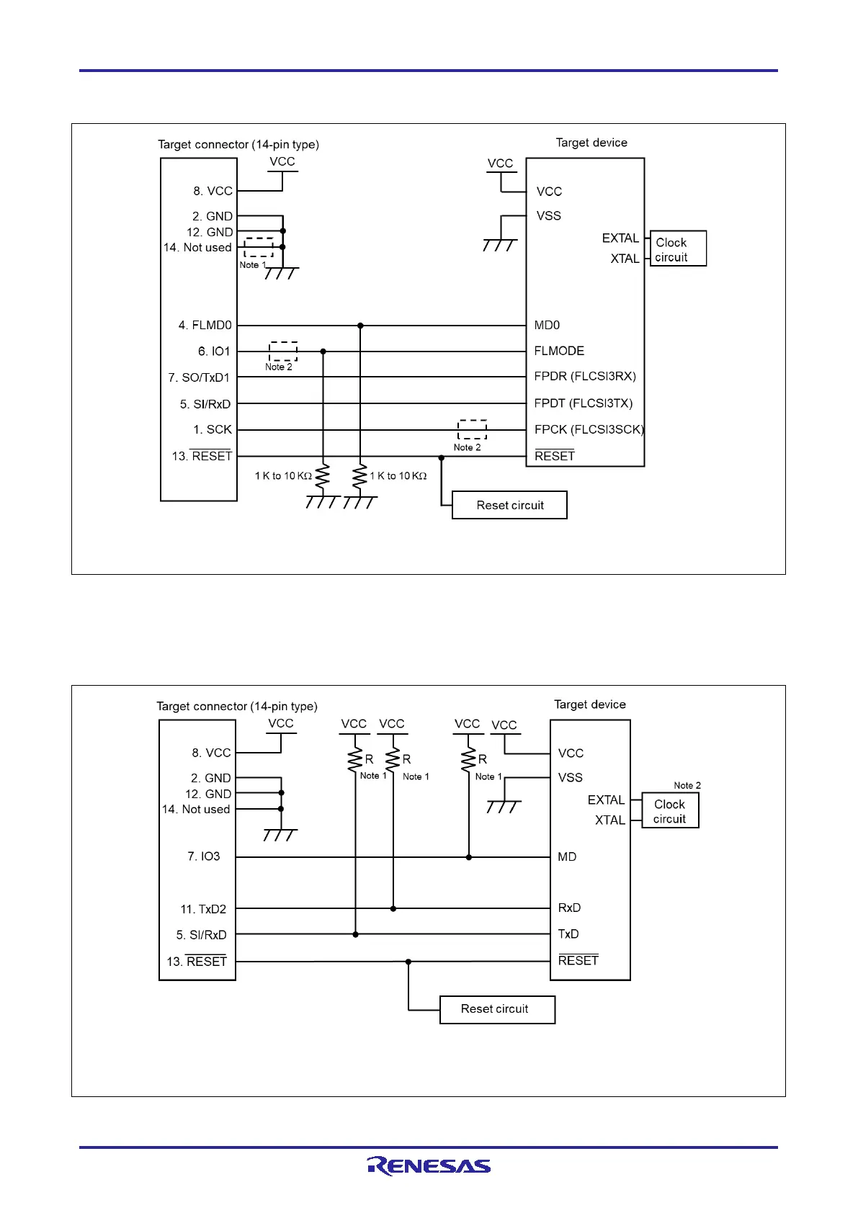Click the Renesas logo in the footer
click(x=429, y=1165)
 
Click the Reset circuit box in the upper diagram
click(x=509, y=505)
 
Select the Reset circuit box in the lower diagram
click(x=497, y=1009)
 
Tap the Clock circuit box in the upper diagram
click(x=677, y=249)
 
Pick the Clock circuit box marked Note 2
click(x=670, y=811)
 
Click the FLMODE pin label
click(x=559, y=351)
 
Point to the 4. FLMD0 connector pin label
click(x=205, y=326)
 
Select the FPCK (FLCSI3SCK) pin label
click(x=589, y=429)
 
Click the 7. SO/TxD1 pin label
click(x=199, y=377)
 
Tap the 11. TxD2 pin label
click(x=203, y=909)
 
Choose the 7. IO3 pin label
click(x=204, y=856)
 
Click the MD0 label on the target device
click(x=547, y=326)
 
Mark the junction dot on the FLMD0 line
click(x=360, y=326)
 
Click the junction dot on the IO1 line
click(x=323, y=352)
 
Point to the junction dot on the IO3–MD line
click(x=469, y=857)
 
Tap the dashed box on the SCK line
click(x=472, y=429)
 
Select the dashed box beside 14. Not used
click(x=259, y=247)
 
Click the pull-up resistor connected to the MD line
click(x=469, y=758)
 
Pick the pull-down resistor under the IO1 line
click(x=323, y=476)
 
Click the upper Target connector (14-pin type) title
click(x=238, y=144)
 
